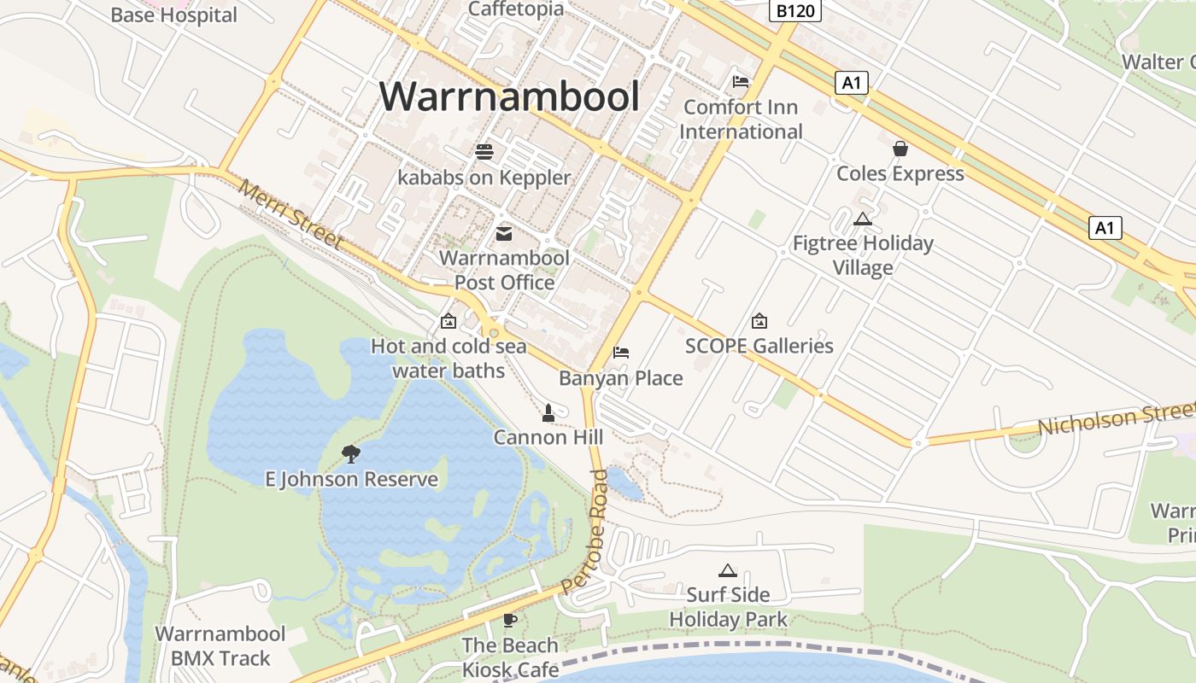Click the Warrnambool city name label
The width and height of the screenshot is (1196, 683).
point(509,96)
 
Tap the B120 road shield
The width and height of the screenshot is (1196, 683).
point(794,10)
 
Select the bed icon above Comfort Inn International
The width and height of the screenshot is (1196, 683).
point(741,82)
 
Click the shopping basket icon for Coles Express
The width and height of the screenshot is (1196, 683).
point(900,149)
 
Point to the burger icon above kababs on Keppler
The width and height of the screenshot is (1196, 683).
point(484,152)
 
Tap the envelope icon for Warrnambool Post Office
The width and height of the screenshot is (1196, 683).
point(504,233)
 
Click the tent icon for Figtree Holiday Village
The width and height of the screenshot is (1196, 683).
point(863,219)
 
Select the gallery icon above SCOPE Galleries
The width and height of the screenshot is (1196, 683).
point(759,321)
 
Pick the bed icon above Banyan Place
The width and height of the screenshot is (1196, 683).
point(621,353)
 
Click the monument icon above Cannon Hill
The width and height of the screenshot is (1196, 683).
point(548,413)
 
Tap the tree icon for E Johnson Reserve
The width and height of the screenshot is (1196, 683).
point(350,453)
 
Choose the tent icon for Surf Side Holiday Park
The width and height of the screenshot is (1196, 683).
point(728,570)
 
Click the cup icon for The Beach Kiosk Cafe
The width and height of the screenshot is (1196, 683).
point(510,620)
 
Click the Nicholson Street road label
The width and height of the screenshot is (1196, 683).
point(1115,419)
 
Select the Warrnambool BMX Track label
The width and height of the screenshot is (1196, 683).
point(220,646)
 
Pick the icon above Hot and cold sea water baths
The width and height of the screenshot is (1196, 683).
point(448,321)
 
